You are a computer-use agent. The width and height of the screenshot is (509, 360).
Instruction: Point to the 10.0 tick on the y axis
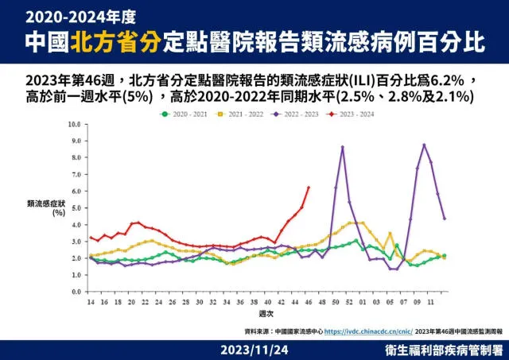pyautogui.click(x=75, y=125)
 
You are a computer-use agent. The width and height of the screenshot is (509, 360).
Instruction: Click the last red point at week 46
pyautogui.click(x=309, y=188)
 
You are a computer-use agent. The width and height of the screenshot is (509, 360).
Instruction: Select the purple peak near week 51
pyautogui.click(x=343, y=147)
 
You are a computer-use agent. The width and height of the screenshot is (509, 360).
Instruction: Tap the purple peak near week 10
pyautogui.click(x=424, y=145)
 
